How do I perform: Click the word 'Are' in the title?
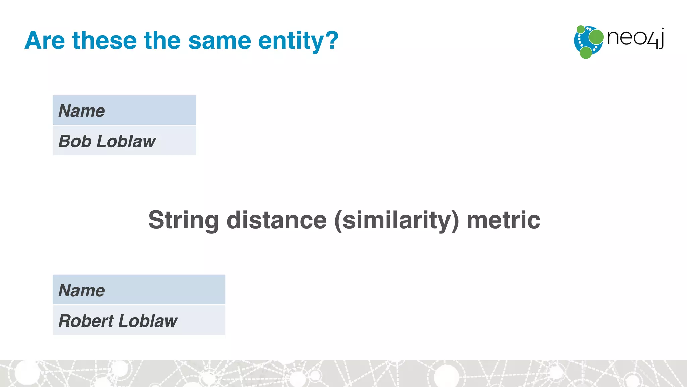[45, 41]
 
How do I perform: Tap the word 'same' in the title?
[219, 41]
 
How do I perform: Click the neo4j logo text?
[635, 38]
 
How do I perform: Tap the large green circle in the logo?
[596, 37]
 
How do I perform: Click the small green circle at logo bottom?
[586, 53]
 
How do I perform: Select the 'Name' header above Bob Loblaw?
[82, 111]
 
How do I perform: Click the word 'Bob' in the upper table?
[75, 141]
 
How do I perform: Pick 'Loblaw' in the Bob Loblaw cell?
[126, 141]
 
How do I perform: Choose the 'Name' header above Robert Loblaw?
[82, 290]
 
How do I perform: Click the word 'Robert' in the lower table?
[86, 321]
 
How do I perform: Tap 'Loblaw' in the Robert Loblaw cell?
[148, 321]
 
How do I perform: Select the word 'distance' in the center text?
[277, 220]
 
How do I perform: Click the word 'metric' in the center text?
[503, 220]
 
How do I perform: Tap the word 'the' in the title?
[162, 41]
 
